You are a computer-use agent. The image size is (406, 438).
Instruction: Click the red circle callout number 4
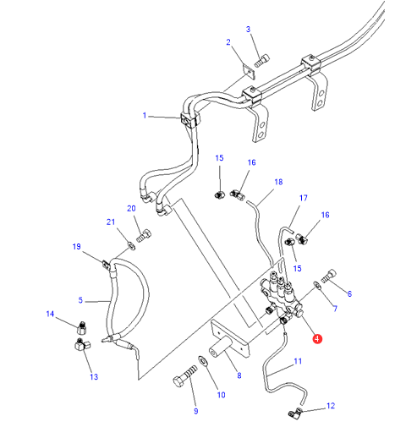[317, 338]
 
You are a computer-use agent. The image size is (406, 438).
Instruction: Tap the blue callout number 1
[145, 115]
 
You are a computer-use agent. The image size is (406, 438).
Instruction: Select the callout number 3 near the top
[248, 30]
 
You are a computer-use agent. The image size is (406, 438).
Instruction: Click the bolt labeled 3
[262, 61]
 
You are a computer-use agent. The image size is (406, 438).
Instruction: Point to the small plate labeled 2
[249, 72]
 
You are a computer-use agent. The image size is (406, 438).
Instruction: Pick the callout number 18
[278, 182]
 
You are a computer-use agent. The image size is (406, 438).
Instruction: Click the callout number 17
[304, 198]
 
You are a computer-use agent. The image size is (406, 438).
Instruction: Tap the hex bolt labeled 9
[185, 376]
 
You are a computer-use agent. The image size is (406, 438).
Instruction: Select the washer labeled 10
[203, 361]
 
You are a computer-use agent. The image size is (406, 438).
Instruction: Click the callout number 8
[239, 375]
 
